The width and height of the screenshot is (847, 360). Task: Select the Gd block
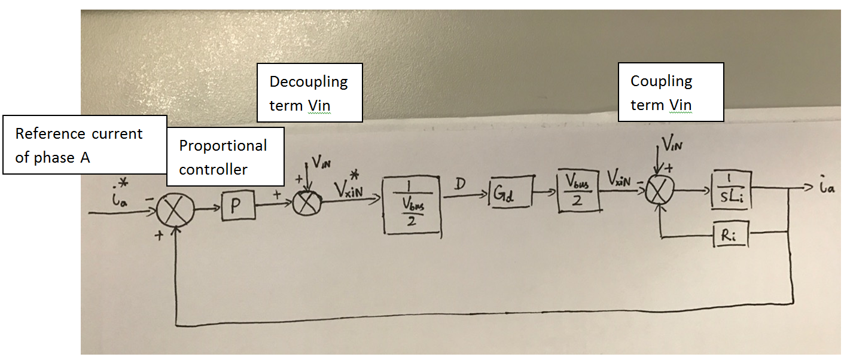511,192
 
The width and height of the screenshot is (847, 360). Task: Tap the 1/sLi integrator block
731,191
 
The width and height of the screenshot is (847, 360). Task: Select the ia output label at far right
826,190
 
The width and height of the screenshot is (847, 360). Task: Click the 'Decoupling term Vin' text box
309,93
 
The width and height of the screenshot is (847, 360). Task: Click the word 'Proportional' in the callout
223,145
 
